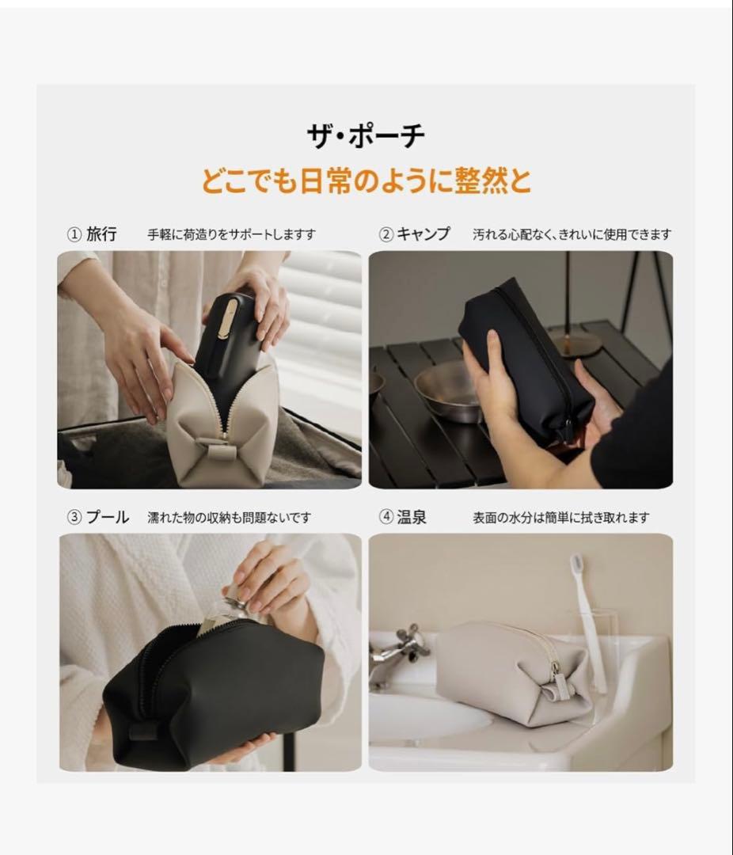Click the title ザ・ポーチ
coord(366,137)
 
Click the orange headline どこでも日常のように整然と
coord(366,182)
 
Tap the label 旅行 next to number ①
coord(101,234)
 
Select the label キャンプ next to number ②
coord(423,234)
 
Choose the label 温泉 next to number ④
coord(412,518)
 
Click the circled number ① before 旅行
coord(74,234)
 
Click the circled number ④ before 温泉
coord(386,518)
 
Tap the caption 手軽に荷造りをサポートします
coord(231,235)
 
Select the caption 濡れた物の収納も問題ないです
coord(230,518)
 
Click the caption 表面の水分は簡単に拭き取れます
coord(560,518)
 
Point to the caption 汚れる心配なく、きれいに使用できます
coord(572,235)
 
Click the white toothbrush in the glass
coord(587,617)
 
